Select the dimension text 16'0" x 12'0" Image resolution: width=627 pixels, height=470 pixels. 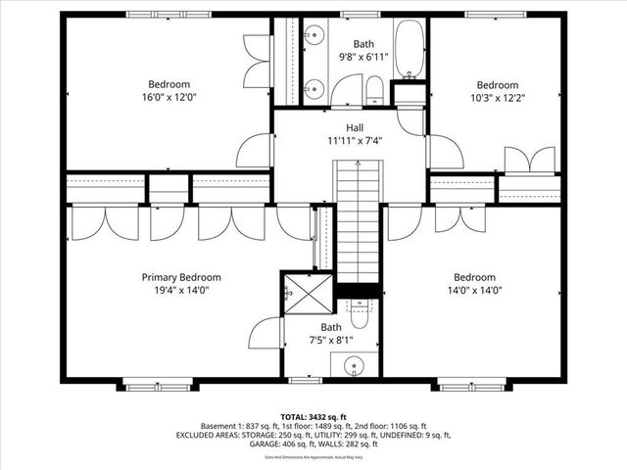[169, 98]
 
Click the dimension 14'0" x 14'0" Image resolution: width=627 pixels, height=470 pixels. [473, 290]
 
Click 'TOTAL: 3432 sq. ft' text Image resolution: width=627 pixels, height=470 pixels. [313, 416]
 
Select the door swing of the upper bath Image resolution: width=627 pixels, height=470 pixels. [345, 93]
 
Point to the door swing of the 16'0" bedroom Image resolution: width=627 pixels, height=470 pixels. [257, 153]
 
